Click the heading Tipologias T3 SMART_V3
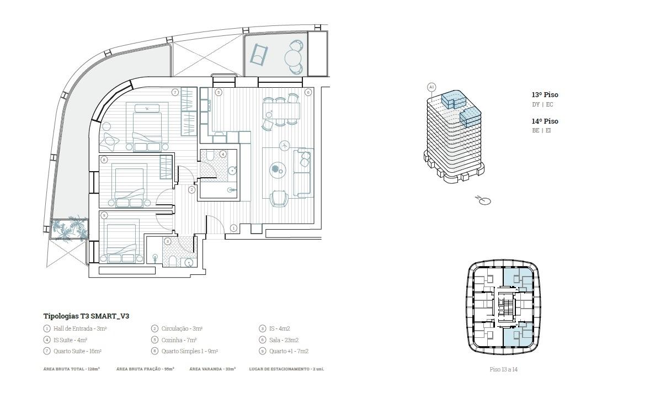(86, 316)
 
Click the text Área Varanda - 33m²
(212, 369)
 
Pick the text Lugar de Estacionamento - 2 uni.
(286, 369)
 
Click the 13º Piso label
(545, 94)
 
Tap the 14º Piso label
(545, 121)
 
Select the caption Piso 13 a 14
(504, 369)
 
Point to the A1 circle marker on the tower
(431, 87)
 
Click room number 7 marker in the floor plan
(175, 92)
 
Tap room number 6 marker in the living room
(308, 92)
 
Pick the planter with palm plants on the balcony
(69, 229)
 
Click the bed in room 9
(121, 243)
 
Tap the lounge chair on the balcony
(259, 54)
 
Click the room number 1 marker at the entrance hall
(234, 228)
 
